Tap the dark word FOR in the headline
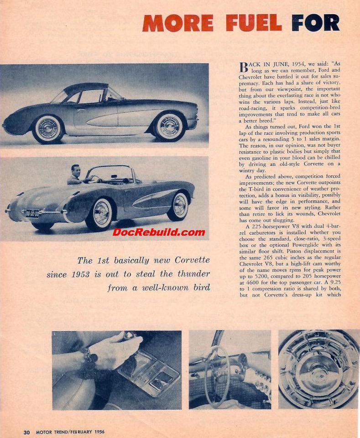pos(315,23)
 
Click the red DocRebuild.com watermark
pos(159,232)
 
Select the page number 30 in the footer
pos(27,432)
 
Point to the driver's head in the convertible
pos(75,171)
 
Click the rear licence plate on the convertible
pos(32,213)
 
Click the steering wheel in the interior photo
pos(217,370)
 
